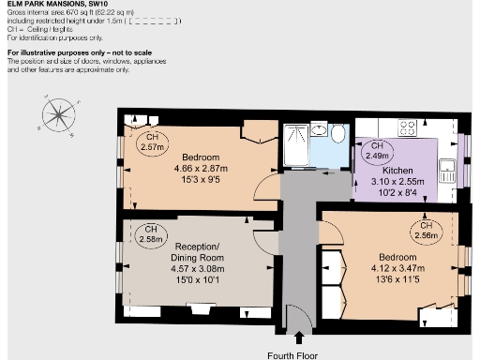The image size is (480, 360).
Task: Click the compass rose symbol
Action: coord(57,116)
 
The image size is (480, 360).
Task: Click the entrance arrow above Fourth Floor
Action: coord(299,337)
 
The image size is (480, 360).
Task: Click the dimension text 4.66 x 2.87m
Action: coord(200,169)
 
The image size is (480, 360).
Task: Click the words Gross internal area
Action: coord(35,13)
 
